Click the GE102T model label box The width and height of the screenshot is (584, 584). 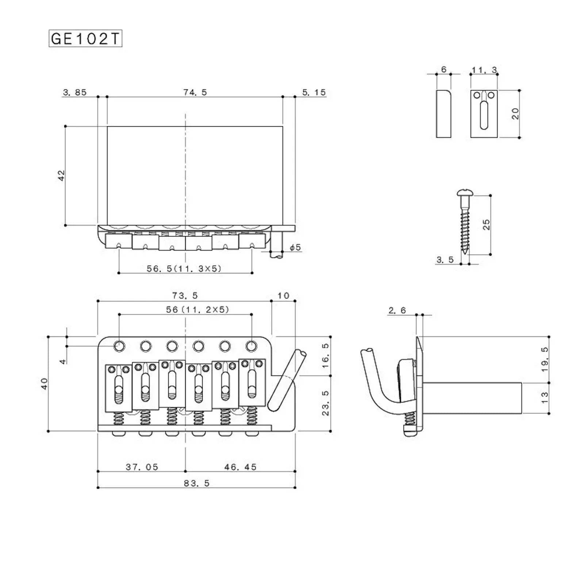coord(85,39)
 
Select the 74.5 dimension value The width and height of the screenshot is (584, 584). coord(195,92)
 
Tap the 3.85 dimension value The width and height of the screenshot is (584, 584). coord(75,92)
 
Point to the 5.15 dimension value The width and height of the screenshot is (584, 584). coord(314,92)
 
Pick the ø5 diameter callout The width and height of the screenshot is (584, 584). coord(295,247)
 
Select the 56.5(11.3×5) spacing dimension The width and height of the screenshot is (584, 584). coord(184,269)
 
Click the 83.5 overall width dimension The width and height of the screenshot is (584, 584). coord(196,483)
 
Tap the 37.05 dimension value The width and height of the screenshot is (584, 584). coord(142,467)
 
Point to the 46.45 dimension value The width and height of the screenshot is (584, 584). coord(240,467)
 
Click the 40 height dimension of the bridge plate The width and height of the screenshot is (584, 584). coord(44,384)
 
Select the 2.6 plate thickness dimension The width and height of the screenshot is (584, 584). coord(397,311)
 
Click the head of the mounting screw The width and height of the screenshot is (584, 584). coord(462,193)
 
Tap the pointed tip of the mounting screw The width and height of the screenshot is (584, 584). coord(465,253)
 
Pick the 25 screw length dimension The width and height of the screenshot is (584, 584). coord(486,224)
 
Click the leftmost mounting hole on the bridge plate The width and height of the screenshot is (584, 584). coord(119,346)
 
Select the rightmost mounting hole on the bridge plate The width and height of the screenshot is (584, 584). coord(251,346)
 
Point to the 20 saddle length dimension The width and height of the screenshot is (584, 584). coord(515,114)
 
